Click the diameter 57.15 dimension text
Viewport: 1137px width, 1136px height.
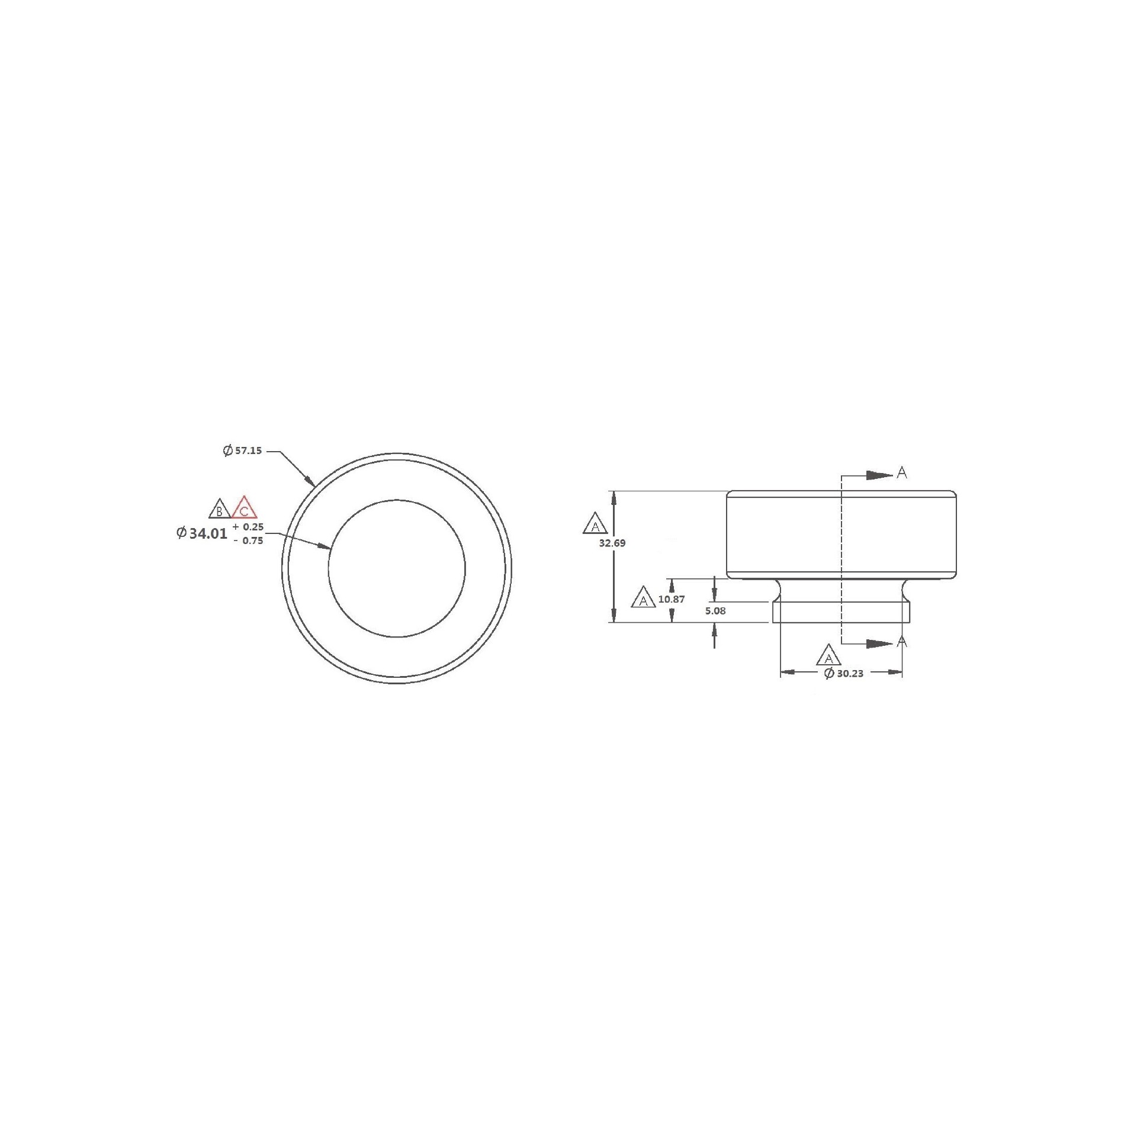click(x=242, y=450)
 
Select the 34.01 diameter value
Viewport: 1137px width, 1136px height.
click(x=208, y=533)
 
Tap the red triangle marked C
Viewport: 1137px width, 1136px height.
click(x=244, y=508)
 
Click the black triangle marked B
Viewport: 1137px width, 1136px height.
click(x=220, y=509)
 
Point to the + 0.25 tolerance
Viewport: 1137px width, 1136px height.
click(x=248, y=526)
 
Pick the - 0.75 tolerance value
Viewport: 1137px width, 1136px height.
click(x=248, y=540)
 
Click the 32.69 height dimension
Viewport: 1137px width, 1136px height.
click(x=612, y=543)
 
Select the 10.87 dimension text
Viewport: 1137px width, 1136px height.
click(x=672, y=599)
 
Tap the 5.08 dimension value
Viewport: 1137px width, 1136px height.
click(x=715, y=611)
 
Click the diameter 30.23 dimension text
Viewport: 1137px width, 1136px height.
click(x=844, y=673)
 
